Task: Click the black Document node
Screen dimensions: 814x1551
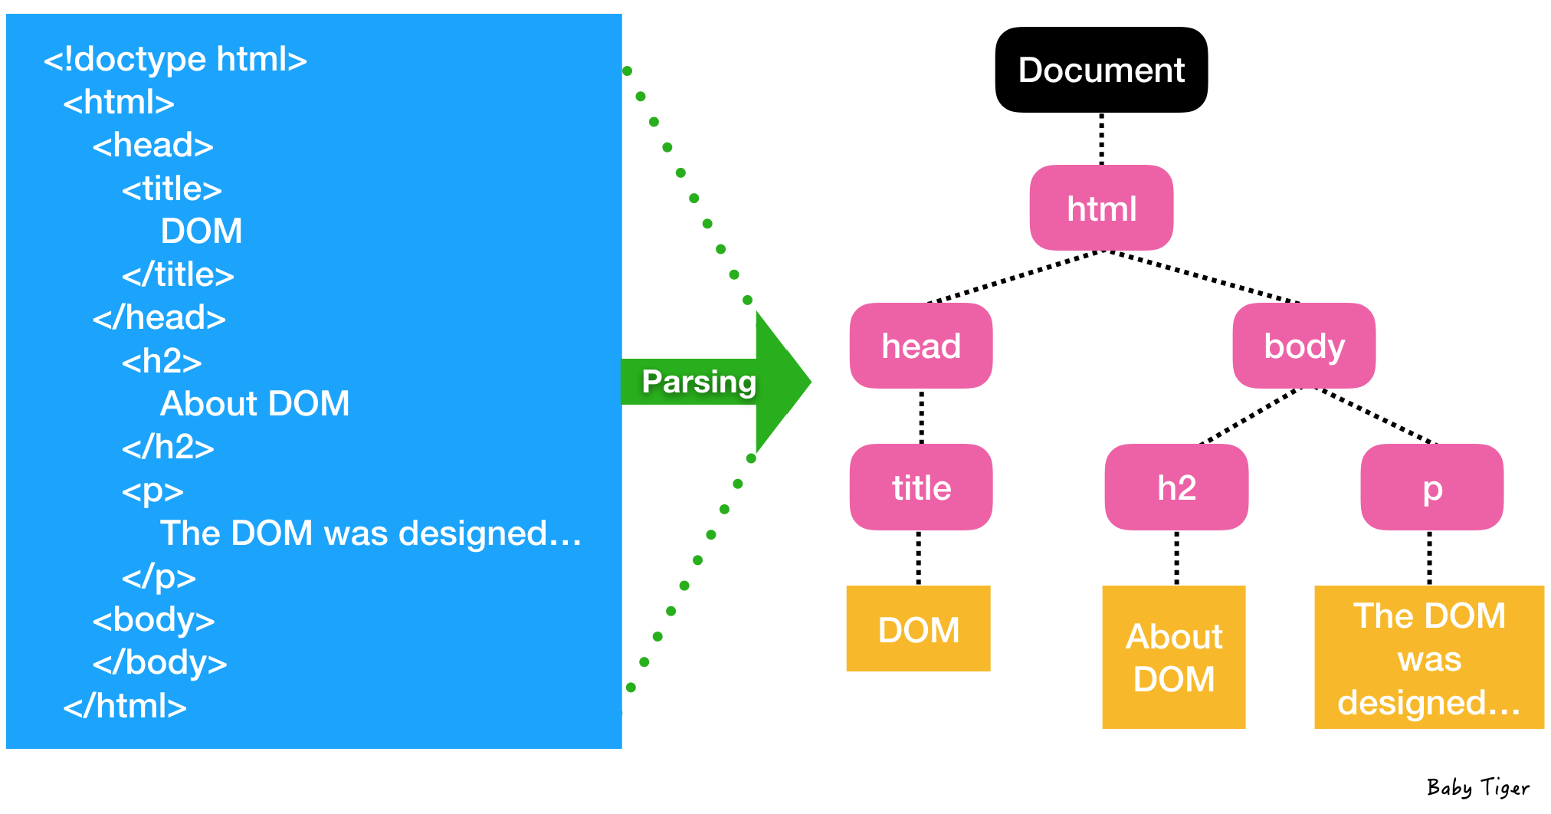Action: coord(1101,70)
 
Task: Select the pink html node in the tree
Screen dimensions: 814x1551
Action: coord(1101,208)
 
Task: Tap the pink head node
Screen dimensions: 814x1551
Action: coord(921,346)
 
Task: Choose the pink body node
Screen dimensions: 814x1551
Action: coord(1303,346)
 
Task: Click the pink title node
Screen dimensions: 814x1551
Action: coord(921,487)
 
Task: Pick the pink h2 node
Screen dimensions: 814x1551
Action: coord(1176,487)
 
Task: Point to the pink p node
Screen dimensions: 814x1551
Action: coord(1431,487)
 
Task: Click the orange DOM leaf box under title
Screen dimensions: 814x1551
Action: coord(918,629)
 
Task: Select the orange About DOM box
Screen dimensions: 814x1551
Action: coord(1173,657)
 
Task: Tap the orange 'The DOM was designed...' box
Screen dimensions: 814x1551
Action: coord(1428,658)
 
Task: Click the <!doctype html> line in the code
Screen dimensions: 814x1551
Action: coord(175,59)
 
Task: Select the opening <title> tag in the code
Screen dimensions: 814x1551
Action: coord(172,189)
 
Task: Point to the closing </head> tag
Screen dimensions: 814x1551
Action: coord(159,317)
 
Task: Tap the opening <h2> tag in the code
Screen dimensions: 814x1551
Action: coord(162,361)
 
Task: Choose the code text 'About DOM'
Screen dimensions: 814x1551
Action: coord(254,404)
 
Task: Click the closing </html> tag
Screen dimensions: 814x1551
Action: coord(125,706)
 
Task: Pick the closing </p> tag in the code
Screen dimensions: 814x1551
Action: coord(159,576)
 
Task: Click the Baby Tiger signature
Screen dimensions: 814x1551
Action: coord(1477,788)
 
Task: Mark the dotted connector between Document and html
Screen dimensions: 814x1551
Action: coord(1101,139)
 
